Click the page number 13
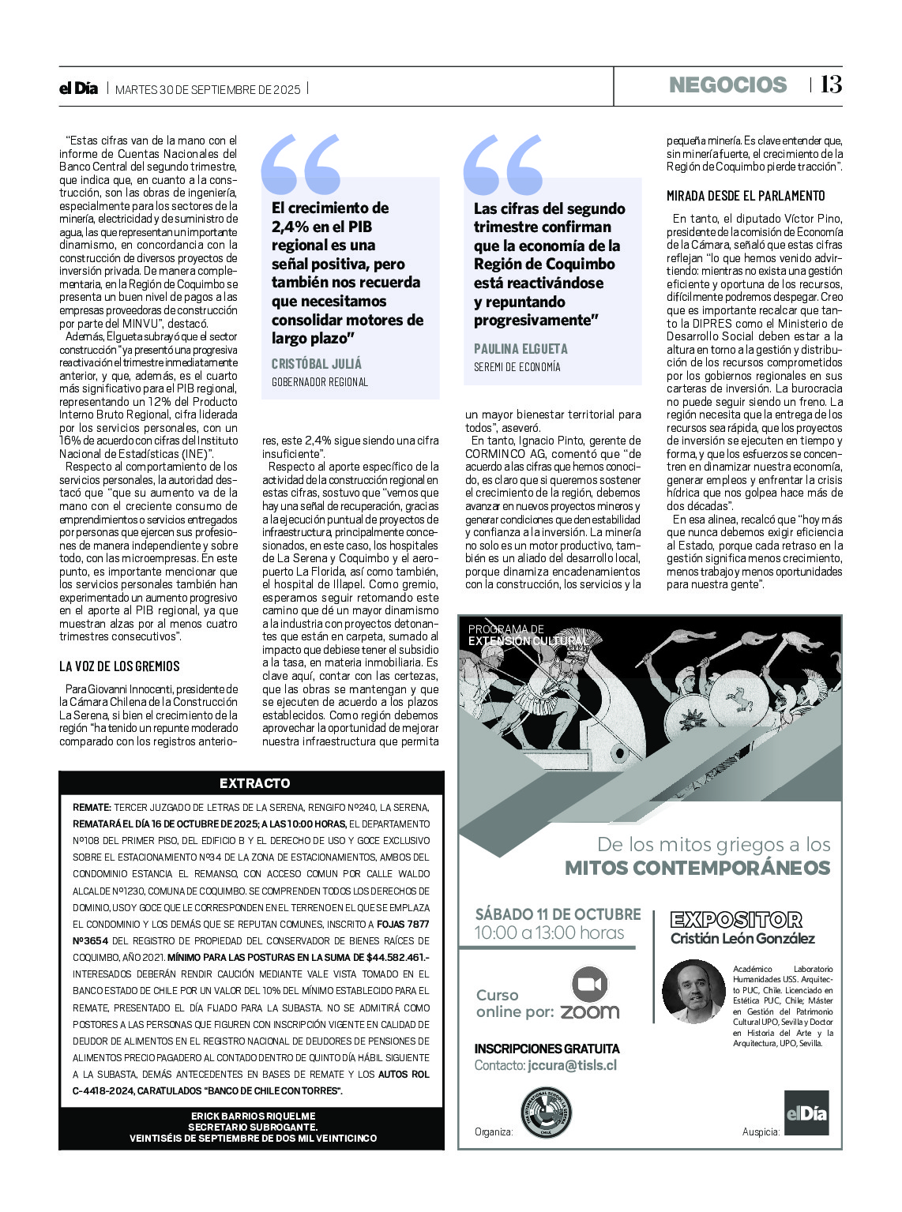click(x=830, y=84)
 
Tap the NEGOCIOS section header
click(x=727, y=85)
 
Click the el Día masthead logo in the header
click(x=79, y=88)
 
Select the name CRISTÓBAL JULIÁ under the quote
click(x=317, y=363)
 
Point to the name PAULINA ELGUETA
click(x=521, y=348)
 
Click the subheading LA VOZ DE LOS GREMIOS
click(x=119, y=666)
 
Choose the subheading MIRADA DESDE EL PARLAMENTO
click(x=746, y=196)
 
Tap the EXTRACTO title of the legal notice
click(x=254, y=783)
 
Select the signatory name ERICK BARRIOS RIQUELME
click(x=253, y=1116)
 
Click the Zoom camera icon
click(x=589, y=984)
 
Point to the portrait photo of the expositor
click(x=693, y=991)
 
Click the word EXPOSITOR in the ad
click(x=735, y=920)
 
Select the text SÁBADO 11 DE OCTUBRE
click(x=558, y=914)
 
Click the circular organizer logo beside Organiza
click(x=546, y=1113)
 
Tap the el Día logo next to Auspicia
click(x=806, y=1114)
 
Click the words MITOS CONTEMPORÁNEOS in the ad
click(x=697, y=869)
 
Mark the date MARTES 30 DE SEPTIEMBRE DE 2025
click(x=208, y=89)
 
